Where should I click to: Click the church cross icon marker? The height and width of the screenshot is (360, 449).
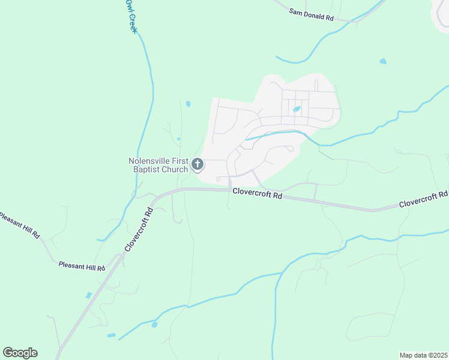click(197, 164)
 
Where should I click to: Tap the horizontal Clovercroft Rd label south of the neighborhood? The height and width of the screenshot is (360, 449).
click(257, 196)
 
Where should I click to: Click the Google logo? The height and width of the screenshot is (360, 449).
click(20, 353)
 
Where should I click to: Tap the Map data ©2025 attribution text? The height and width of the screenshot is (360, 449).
click(423, 355)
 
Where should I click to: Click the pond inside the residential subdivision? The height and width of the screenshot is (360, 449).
click(297, 109)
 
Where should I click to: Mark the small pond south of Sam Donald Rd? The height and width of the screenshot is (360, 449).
click(383, 61)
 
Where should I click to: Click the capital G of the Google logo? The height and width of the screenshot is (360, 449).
click(8, 353)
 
